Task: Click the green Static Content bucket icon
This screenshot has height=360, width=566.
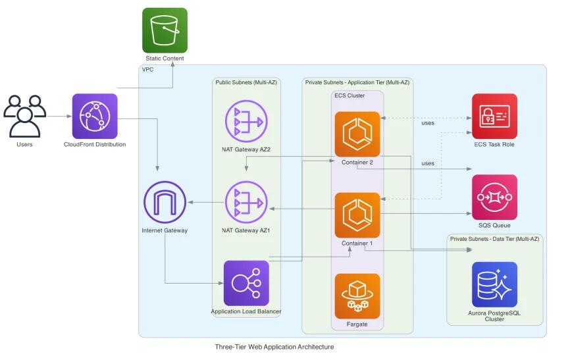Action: pyautogui.click(x=165, y=30)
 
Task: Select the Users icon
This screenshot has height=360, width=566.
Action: pyautogui.click(x=24, y=116)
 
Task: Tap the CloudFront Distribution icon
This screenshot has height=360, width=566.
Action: pyautogui.click(x=95, y=116)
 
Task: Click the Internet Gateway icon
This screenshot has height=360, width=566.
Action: pyautogui.click(x=165, y=201)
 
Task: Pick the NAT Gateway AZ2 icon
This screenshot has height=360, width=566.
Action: pyautogui.click(x=247, y=121)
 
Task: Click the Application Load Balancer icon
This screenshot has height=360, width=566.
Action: pyautogui.click(x=246, y=283)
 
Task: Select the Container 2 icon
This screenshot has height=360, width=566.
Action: pyautogui.click(x=357, y=134)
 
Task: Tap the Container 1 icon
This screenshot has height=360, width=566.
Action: pyautogui.click(x=357, y=215)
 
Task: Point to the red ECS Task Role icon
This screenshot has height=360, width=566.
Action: pyautogui.click(x=494, y=116)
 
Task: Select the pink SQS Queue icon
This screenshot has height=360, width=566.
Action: pyautogui.click(x=494, y=197)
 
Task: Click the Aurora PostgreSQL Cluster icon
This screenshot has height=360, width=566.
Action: pyautogui.click(x=494, y=284)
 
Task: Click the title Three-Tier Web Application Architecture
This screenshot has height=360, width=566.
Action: pyautogui.click(x=274, y=347)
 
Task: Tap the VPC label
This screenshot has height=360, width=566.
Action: pyautogui.click(x=148, y=70)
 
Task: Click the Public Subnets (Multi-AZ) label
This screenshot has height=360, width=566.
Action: pyautogui.click(x=246, y=82)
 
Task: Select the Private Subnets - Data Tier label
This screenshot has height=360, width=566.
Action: pyautogui.click(x=494, y=238)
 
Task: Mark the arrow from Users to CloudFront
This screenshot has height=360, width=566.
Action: pyautogui.click(x=59, y=116)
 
